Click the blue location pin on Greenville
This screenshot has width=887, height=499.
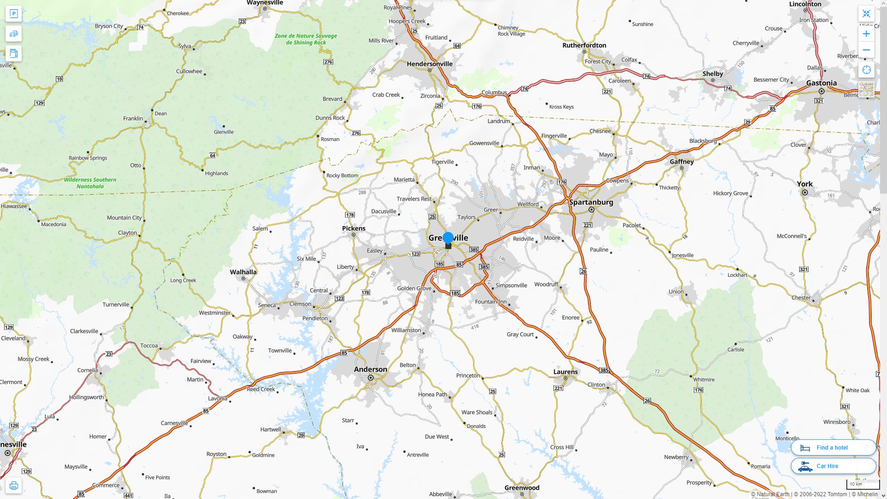[x=448, y=238]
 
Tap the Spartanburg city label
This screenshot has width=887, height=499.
[x=591, y=202]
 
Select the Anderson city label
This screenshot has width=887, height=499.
[x=371, y=370]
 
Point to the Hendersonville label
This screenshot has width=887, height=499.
[x=430, y=64]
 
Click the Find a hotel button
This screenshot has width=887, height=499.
[x=833, y=448]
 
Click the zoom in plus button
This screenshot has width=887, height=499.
[x=866, y=34]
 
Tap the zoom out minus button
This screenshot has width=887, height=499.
[x=866, y=50]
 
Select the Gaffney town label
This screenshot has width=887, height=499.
[x=681, y=162]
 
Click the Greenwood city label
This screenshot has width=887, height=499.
[x=522, y=488]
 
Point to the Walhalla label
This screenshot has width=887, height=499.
[x=243, y=272]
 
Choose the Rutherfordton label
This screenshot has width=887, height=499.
[x=584, y=45]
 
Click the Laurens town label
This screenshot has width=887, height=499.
[x=565, y=372]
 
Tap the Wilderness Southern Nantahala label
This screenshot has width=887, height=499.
[x=90, y=183]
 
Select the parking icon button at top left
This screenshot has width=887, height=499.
[x=13, y=13]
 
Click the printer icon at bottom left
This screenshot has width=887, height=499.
[x=13, y=486]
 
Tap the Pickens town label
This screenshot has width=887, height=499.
[x=353, y=229]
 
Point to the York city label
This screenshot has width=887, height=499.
[x=804, y=184]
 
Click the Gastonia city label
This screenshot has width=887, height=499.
[x=821, y=83]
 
